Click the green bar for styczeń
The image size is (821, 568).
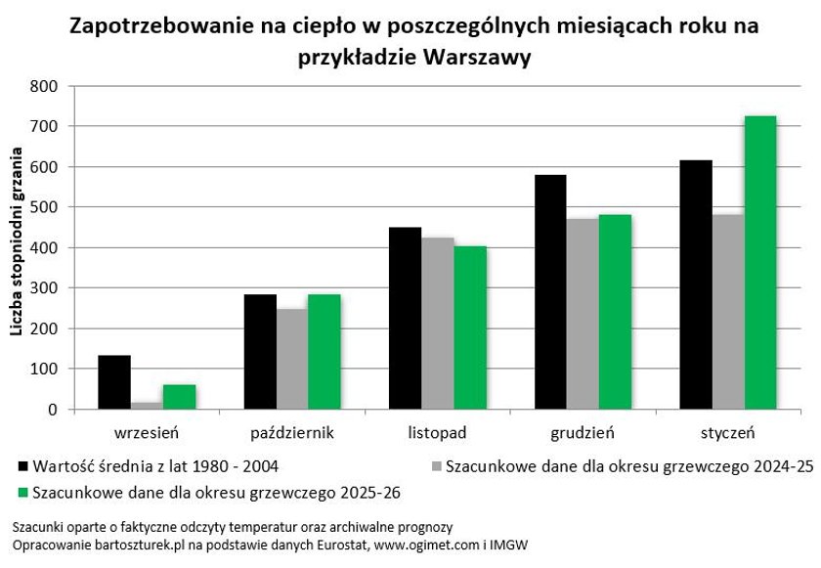[x=760, y=263]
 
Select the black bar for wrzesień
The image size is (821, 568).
[x=114, y=382]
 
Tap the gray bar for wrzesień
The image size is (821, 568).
[x=147, y=406]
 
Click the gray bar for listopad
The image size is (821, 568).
[x=437, y=324]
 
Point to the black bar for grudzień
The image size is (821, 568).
[x=550, y=292]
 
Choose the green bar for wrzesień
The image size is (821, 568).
[x=179, y=397]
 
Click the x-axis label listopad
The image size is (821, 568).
[x=438, y=431]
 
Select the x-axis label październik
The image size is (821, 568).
[x=291, y=431]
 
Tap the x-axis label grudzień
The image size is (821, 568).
[x=583, y=431]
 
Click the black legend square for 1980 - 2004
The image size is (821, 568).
[x=23, y=467]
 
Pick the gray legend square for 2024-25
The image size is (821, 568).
[x=436, y=467]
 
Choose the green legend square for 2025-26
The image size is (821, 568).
[x=23, y=491]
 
